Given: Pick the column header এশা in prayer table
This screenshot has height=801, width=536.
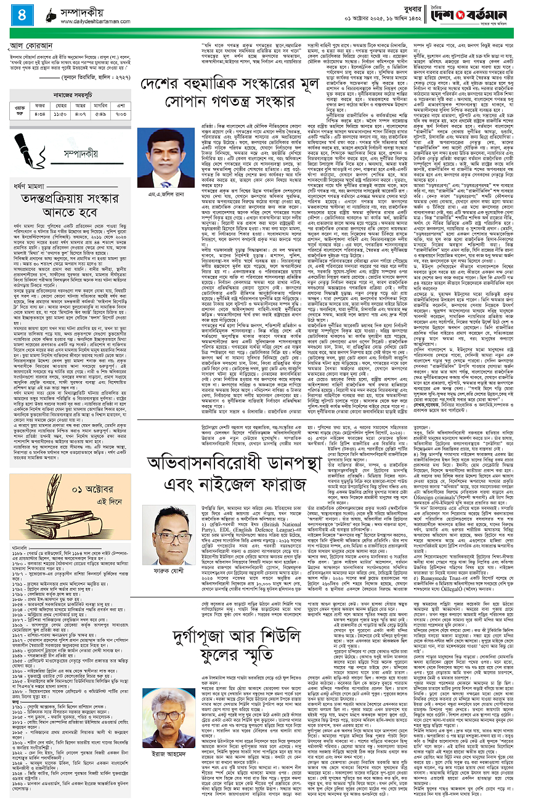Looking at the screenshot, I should click(121, 105).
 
